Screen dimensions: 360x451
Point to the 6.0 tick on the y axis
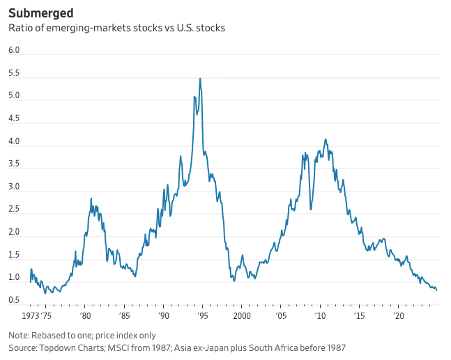point(13,51)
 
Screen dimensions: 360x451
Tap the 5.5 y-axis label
point(13,74)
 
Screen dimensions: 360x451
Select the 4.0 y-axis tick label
point(13,142)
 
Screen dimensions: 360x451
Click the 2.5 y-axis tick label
point(13,210)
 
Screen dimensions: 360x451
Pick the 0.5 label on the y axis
point(13,301)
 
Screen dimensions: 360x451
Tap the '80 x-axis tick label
point(84,315)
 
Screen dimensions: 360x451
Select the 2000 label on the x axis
point(242,315)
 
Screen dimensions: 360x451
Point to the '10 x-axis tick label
point(321,315)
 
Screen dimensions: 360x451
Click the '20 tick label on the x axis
point(399,315)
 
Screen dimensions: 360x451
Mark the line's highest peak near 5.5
point(200,79)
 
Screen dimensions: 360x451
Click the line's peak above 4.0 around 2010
point(326,139)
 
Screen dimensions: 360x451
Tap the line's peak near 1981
point(91,198)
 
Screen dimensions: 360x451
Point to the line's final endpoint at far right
point(437,290)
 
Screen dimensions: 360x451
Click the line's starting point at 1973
point(30,281)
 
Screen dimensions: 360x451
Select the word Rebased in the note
point(52,335)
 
